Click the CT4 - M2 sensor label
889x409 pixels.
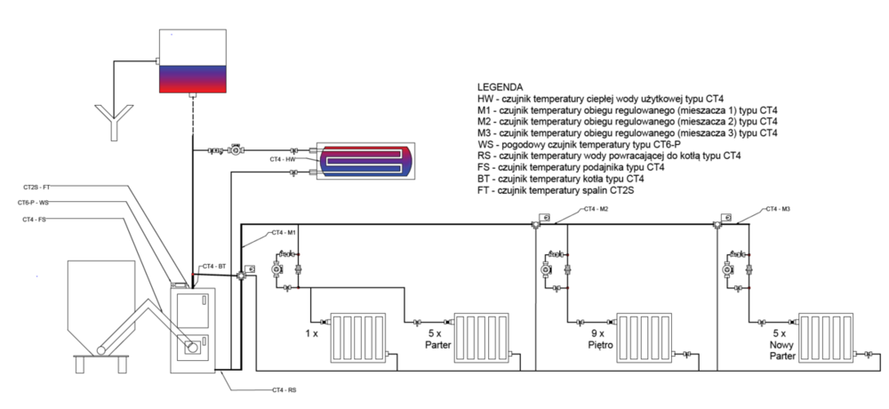click(596, 210)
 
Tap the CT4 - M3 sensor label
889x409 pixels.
click(778, 210)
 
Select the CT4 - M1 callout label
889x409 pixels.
click(284, 232)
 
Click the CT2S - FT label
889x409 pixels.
click(36, 188)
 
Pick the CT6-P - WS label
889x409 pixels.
click(34, 203)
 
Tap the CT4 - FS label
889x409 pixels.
click(35, 219)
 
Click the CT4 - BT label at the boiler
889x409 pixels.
click(214, 266)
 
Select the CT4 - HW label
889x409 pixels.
click(282, 159)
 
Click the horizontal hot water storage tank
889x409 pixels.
click(365, 161)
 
